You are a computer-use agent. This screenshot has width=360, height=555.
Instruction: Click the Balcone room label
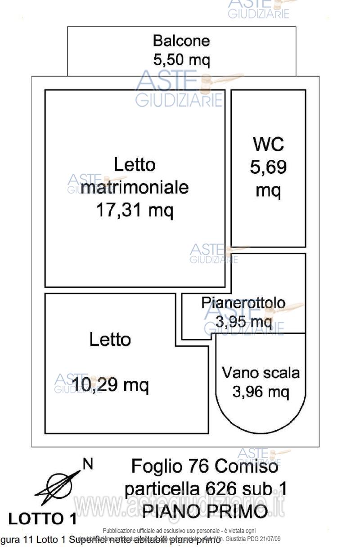coord(181,41)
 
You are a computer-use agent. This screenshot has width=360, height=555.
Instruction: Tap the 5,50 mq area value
coord(181,59)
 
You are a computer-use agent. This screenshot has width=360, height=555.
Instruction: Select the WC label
coord(268,145)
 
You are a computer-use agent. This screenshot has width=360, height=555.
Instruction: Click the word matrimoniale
coord(135,187)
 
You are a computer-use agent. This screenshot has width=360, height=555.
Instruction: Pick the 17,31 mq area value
coord(135,210)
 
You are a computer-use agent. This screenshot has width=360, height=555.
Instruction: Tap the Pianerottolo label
coord(243,303)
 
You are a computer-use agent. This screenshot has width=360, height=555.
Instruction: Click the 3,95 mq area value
coord(243,321)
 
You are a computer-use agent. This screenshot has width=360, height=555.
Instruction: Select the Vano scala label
coord(261,373)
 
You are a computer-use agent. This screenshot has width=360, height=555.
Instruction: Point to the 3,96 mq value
coord(261,392)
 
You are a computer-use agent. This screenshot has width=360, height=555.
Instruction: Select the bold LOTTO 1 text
coord(43,519)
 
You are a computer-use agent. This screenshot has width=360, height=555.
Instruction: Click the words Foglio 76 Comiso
coord(205,466)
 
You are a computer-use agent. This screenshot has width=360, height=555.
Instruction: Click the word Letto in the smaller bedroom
coord(110,339)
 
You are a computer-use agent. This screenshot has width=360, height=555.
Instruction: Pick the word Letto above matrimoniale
coord(135,165)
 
